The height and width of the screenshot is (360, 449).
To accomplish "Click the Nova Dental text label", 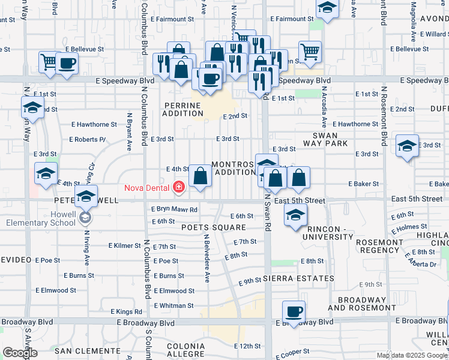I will coord(146,187).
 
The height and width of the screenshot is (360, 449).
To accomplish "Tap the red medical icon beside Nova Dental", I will coord(178,188).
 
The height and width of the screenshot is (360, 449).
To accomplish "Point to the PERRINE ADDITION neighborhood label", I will coord(184,109).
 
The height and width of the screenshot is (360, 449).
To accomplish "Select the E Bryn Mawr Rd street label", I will coord(175,209).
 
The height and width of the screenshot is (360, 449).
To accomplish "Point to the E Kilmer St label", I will coord(125,246).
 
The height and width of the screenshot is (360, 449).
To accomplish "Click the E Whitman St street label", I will coord(173,305).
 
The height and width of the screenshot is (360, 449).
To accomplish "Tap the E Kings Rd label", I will coord(127,311).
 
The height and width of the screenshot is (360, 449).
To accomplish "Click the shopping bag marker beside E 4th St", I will coord(200,176).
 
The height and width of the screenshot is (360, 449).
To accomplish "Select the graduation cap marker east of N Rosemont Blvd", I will coord(407,146).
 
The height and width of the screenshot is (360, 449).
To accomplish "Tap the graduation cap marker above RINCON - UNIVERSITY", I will coord(295,215).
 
